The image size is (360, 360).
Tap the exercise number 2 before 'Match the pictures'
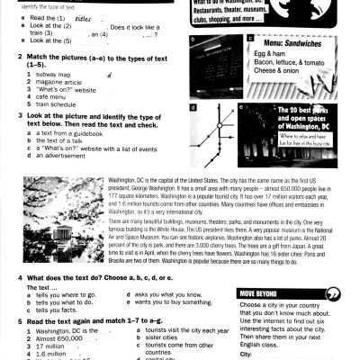[x=6, y=57]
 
